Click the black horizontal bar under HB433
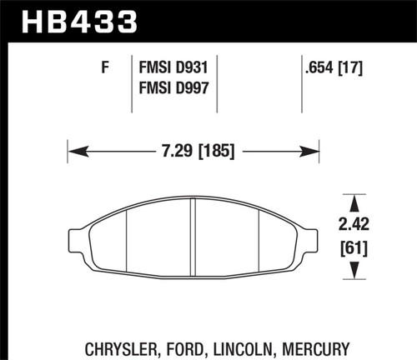[208, 39]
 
